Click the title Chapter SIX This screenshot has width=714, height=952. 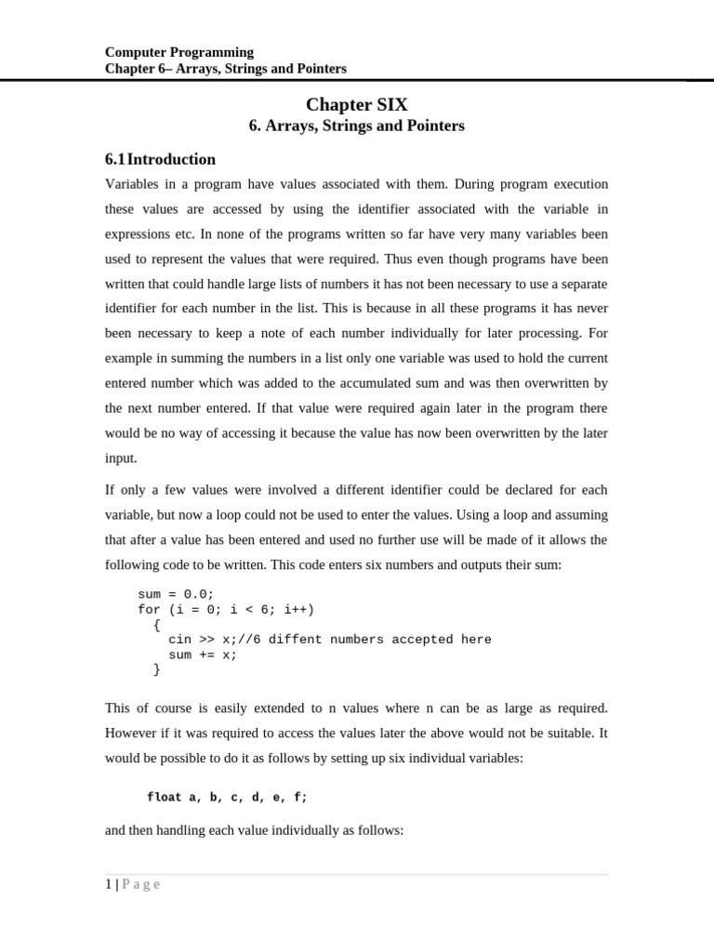click(356, 105)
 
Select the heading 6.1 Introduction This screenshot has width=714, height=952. click(160, 159)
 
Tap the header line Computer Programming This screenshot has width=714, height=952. click(179, 52)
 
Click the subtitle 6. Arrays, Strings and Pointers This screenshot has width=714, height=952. click(356, 126)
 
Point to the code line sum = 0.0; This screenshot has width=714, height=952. click(176, 594)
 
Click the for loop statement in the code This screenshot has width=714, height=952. click(226, 609)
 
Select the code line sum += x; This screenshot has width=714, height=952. click(203, 654)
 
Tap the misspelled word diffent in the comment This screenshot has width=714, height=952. click(296, 640)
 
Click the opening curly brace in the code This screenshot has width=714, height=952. click(157, 625)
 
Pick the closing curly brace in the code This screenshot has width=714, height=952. click(157, 669)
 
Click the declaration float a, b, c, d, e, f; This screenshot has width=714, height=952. click(227, 798)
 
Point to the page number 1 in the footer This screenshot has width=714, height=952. click(109, 885)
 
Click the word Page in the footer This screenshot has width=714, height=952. click(141, 885)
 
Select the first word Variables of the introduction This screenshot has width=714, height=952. click(133, 184)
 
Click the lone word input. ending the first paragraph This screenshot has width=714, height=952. click(121, 457)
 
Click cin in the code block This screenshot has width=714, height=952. click(179, 640)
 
